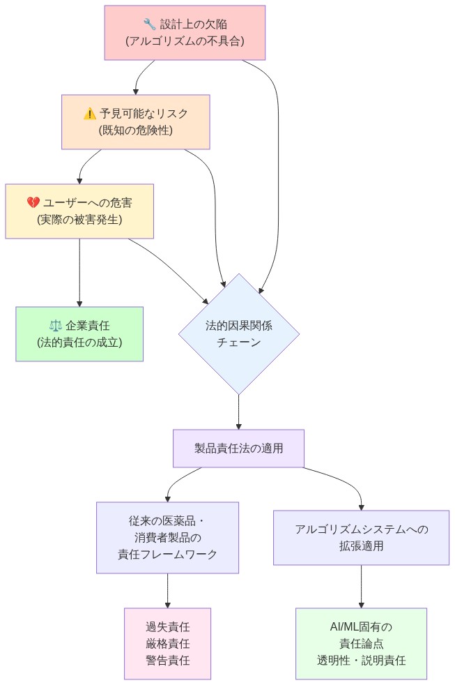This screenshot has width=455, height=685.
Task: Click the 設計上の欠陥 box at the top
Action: coord(185,33)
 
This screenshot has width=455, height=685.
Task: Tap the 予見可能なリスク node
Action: coord(136,121)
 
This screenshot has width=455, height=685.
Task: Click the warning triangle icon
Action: coord(89,114)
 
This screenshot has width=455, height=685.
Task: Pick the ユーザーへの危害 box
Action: coord(79,211)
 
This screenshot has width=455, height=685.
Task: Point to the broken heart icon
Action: coord(33,203)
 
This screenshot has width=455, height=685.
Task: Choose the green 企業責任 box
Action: coord(79,333)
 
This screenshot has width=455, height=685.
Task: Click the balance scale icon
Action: coord(56,326)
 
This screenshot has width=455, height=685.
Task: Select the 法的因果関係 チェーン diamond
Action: coord(239,334)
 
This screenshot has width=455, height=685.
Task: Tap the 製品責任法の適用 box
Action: coord(239,449)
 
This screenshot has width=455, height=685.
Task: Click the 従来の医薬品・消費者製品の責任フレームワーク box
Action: coord(167,537)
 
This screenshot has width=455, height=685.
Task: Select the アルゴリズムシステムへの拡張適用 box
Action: coord(361,537)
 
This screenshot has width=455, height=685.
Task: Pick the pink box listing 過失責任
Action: coord(167,643)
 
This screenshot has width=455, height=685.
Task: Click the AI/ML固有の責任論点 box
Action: coord(361,643)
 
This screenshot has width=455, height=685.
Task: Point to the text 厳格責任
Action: coord(167,643)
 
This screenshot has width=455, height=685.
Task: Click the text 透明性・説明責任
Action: coord(361,660)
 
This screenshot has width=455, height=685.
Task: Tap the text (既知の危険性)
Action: coord(136,130)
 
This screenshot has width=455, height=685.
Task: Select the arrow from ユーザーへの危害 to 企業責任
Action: coord(79,272)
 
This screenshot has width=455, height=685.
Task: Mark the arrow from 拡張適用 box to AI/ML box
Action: coord(361,586)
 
